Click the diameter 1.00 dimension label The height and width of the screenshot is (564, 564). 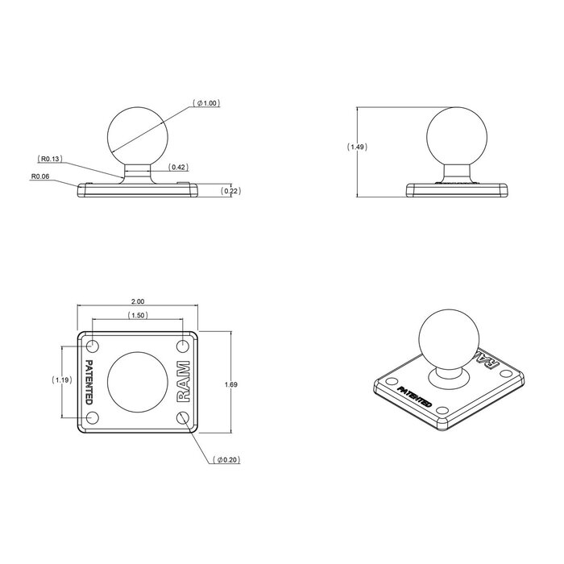pyautogui.click(x=207, y=104)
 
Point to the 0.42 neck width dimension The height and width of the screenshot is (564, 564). pyautogui.click(x=178, y=168)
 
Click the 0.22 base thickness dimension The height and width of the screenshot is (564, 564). pyautogui.click(x=231, y=190)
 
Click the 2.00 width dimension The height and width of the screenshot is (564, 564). pyautogui.click(x=136, y=301)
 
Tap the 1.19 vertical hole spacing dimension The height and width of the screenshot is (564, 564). pyautogui.click(x=59, y=380)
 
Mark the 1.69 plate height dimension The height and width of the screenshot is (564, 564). pyautogui.click(x=231, y=385)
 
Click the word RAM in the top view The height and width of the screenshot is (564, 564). pyautogui.click(x=184, y=382)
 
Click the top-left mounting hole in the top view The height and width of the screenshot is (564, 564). pyautogui.click(x=92, y=347)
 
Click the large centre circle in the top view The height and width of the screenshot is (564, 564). pyautogui.click(x=137, y=382)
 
